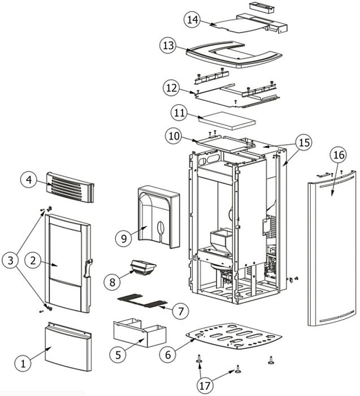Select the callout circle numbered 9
click(x=124, y=238)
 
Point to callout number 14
click(x=193, y=20)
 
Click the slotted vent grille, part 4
click(x=71, y=187)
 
